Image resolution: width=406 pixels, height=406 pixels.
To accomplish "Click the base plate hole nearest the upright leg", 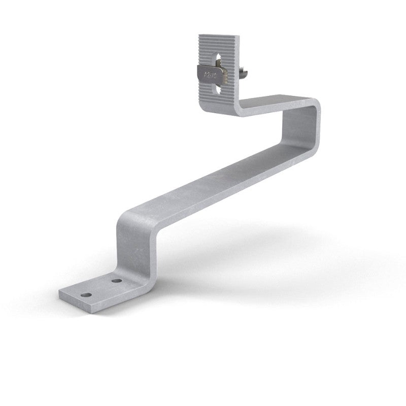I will [x=117, y=280].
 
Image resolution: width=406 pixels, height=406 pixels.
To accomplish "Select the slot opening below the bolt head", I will [x=218, y=89].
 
